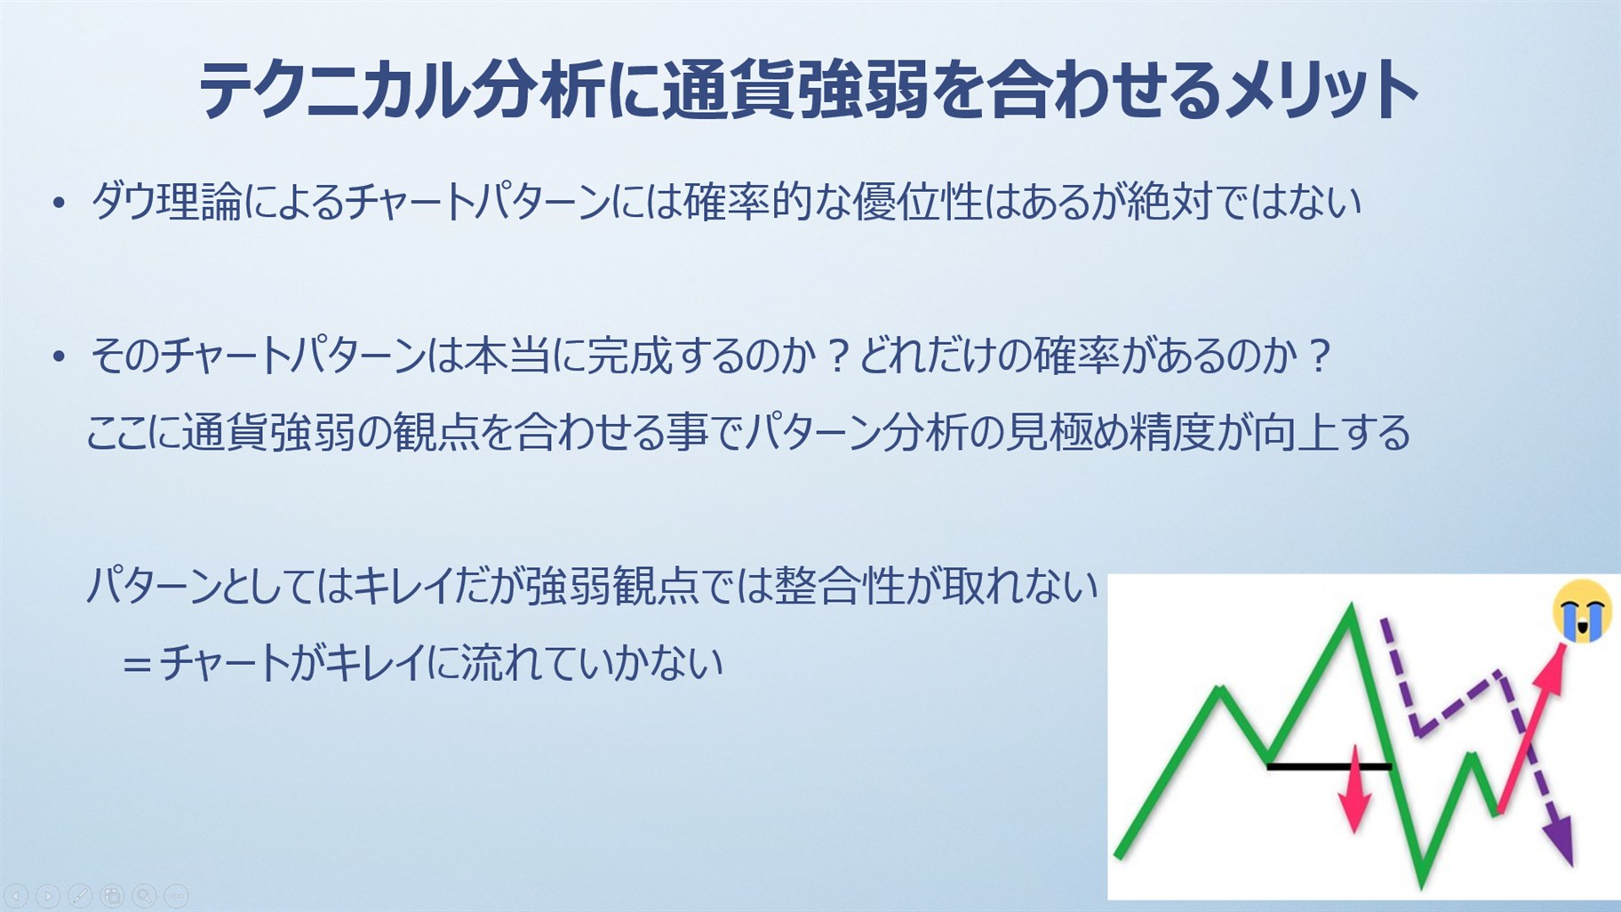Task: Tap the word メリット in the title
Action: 1319,91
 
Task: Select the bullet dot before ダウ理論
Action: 59,204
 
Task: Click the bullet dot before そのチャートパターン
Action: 59,357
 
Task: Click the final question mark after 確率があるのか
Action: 1319,356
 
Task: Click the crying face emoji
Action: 1582,609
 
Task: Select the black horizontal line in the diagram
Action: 1330,765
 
